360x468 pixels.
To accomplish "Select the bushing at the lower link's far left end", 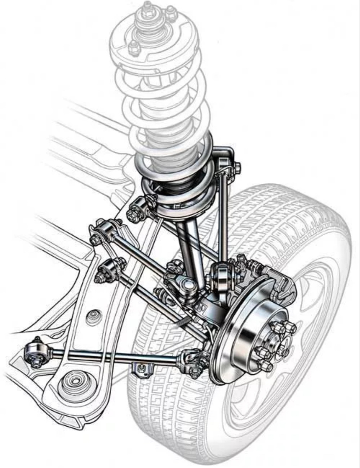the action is [34, 353].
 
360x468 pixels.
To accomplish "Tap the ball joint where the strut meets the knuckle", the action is [188, 286].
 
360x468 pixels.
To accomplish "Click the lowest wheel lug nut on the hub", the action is [265, 366].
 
